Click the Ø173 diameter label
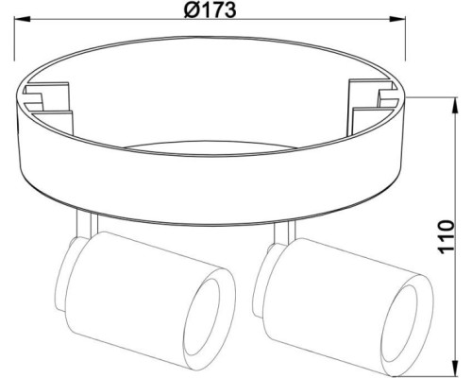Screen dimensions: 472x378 (x=210, y=10)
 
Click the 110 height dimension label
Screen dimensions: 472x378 (x=446, y=237)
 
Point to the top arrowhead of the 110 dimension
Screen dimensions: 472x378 (x=455, y=106)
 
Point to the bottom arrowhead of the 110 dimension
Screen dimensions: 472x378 (x=455, y=368)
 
